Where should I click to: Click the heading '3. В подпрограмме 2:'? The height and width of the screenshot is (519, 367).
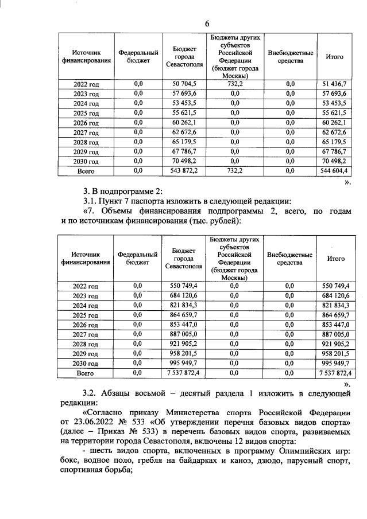pos(123,191)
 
